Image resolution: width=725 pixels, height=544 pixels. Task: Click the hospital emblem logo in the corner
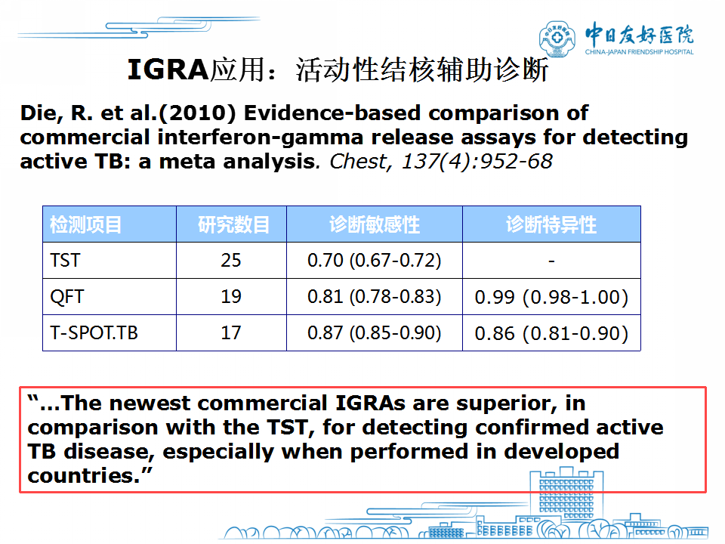pos(557,39)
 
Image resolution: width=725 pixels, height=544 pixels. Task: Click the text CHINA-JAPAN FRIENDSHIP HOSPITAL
pos(639,52)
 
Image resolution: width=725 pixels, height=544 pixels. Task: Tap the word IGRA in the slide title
pos(168,70)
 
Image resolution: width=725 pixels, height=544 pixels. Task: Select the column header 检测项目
pos(85,225)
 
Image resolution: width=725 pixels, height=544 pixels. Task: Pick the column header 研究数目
pos(233,225)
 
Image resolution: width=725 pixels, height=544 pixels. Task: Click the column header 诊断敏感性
pos(375,225)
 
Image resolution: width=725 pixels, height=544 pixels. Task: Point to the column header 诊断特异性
pos(551,225)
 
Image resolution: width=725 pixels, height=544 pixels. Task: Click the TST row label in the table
pos(65,261)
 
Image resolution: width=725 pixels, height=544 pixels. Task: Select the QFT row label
pos(67,296)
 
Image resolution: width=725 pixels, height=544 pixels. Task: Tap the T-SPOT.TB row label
pos(94,332)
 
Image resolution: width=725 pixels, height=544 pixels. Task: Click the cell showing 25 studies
pos(231,261)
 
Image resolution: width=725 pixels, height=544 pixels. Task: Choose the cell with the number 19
pos(231,296)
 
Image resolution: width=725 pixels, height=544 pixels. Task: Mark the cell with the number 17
pos(231,332)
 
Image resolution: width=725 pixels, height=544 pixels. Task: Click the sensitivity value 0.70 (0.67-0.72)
pos(375,261)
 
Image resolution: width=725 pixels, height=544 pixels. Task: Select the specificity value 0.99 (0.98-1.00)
pos(551,297)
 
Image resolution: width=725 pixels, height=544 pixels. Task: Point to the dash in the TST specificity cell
pos(551,262)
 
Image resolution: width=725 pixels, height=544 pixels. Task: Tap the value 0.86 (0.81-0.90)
pos(551,333)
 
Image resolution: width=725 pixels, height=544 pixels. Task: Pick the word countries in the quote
pos(84,475)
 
